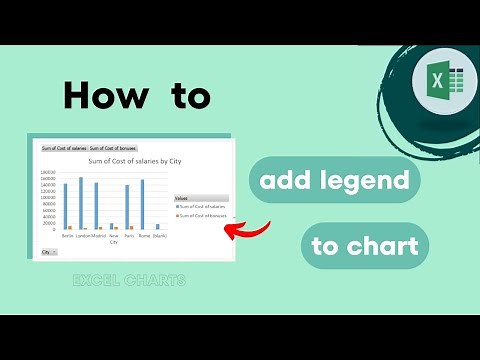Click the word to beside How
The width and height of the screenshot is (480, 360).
point(183,95)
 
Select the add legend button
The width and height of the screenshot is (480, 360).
point(334,181)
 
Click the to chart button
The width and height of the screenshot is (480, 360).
point(364,246)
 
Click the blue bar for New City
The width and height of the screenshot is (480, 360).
point(111,227)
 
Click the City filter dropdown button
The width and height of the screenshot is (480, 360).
point(46,253)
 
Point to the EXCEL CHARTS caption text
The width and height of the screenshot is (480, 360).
point(129,281)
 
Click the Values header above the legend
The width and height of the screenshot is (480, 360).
point(181,198)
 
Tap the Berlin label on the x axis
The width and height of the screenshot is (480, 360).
point(67,236)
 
